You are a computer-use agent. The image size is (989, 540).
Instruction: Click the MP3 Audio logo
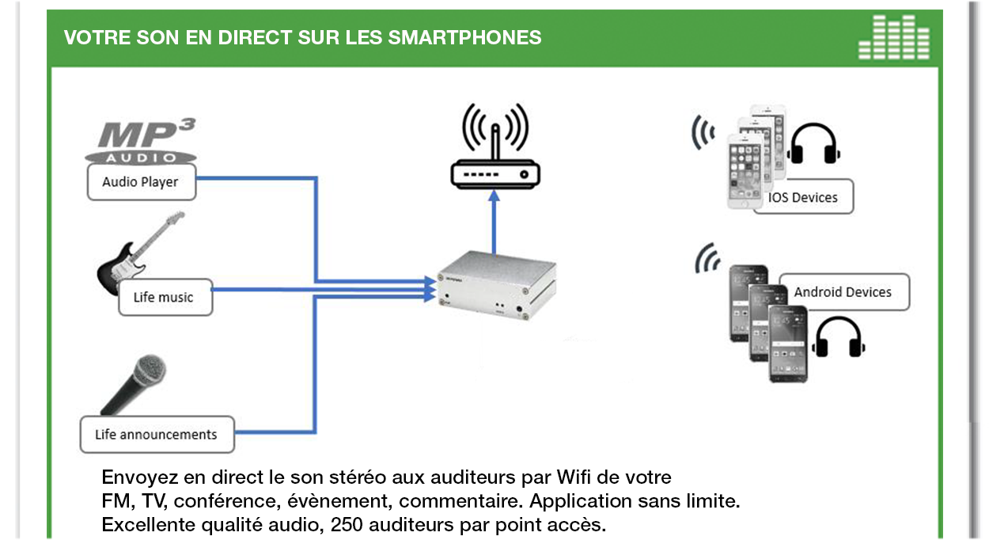(141, 142)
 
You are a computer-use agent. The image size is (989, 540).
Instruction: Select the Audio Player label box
(140, 182)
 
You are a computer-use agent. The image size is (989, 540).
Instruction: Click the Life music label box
(164, 298)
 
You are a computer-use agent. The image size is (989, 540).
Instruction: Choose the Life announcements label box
(157, 434)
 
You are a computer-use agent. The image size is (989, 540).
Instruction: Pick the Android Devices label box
(843, 292)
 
